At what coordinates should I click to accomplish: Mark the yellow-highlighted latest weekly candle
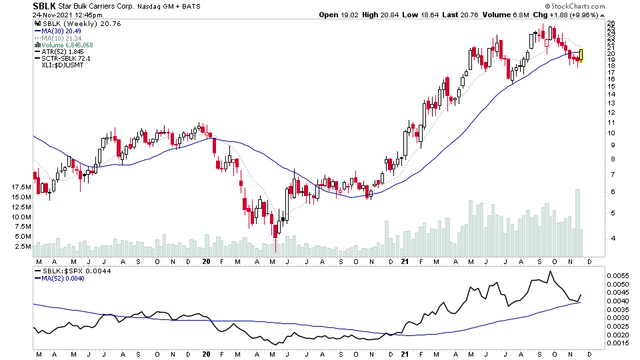[582, 56]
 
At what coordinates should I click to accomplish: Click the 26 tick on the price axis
[611, 23]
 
